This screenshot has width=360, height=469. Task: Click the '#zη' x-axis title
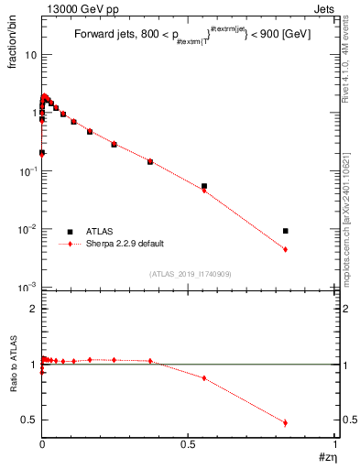325,455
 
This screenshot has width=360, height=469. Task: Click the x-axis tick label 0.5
188,444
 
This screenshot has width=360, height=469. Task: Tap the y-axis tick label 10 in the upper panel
30,55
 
